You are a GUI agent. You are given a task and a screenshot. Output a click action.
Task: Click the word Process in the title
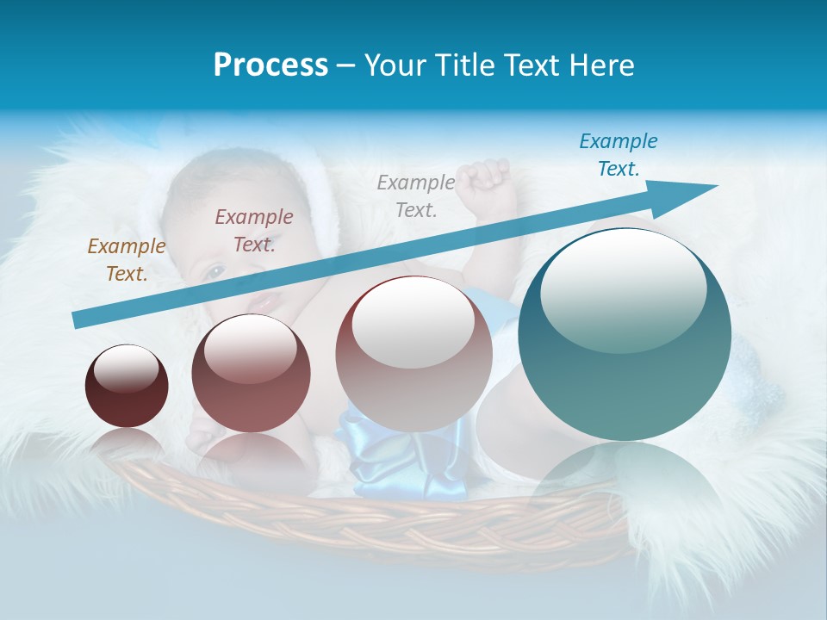click(x=270, y=65)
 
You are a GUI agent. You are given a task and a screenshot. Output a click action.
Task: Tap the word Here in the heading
click(x=601, y=65)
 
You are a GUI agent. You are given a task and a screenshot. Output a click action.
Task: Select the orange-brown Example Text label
click(x=127, y=260)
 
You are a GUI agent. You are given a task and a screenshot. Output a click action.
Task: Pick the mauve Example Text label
click(x=254, y=231)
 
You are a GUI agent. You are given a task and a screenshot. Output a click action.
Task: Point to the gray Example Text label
click(x=416, y=195)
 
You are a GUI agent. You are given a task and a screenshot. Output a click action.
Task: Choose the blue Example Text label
click(x=619, y=155)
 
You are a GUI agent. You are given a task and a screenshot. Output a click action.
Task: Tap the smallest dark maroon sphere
click(x=127, y=387)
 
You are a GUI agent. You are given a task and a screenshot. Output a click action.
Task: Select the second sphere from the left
click(x=251, y=374)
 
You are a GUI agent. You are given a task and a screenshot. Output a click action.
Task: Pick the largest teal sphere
click(x=625, y=334)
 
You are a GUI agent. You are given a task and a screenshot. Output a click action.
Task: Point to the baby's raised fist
click(x=484, y=177)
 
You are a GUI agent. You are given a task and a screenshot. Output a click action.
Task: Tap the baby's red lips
click(x=266, y=302)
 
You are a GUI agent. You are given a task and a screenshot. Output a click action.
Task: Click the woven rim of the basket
click(x=362, y=517)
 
